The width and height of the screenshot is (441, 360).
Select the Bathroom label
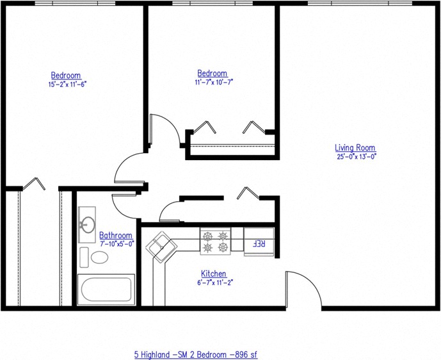click(116, 235)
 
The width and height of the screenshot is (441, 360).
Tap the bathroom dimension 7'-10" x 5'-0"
click(116, 243)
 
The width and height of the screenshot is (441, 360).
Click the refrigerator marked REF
click(259, 242)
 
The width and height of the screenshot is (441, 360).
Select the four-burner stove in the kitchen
click(216, 241)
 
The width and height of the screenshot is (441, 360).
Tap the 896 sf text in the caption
click(245, 354)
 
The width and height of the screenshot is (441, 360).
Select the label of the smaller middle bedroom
click(212, 74)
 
